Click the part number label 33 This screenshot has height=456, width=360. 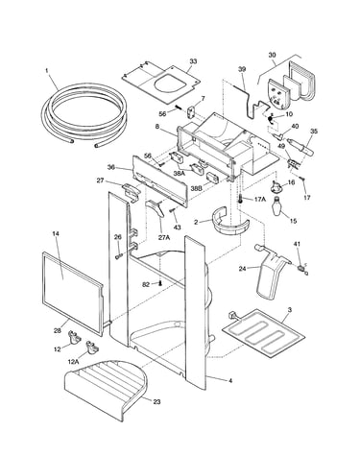coord(193,61)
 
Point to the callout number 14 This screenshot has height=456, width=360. coord(56,233)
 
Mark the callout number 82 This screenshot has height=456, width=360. coord(146,284)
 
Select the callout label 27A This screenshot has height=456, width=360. coord(164,237)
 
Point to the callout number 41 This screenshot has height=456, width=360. coord(297,244)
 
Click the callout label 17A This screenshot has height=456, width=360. coord(260,199)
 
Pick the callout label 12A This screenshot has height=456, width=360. coord(73,361)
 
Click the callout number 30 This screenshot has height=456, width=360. coord(272,55)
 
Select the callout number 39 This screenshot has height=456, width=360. coord(242,69)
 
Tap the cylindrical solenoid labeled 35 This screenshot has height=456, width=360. coord(300,146)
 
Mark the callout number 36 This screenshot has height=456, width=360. coord(110,167)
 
